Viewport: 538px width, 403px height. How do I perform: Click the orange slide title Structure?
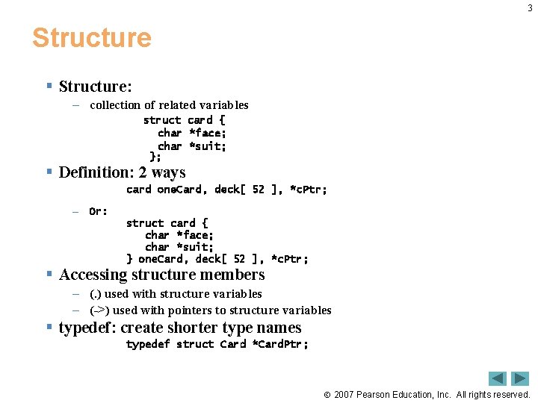coord(91,38)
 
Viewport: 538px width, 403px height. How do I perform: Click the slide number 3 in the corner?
coord(530,8)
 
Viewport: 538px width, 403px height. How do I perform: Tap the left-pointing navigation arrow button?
coord(498,378)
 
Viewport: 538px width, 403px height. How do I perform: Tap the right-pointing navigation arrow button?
coord(520,378)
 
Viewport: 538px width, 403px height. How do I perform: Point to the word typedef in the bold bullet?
coord(86,328)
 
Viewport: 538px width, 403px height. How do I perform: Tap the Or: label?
coord(98,211)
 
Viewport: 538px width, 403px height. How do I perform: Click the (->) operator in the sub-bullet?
coord(99,310)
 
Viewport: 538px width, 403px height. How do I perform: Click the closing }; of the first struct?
coord(155,157)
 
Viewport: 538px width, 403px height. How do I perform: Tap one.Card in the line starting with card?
coord(179,190)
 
